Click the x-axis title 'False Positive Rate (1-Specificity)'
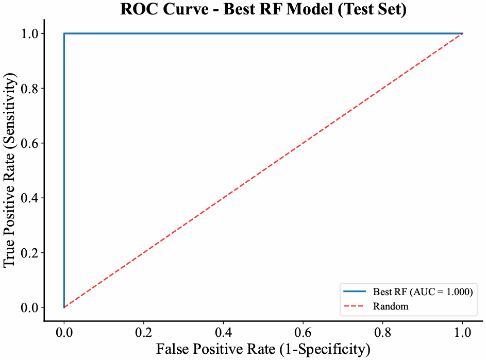263,350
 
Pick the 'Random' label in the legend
391,306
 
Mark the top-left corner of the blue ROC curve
64,33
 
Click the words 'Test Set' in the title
377,9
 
